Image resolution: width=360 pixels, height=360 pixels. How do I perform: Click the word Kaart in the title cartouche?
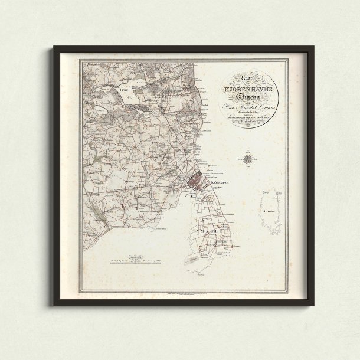coord(240,76)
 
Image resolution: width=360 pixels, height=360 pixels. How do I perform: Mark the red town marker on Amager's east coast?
coord(234,246)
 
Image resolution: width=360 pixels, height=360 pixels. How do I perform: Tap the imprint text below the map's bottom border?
coord(183,293)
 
